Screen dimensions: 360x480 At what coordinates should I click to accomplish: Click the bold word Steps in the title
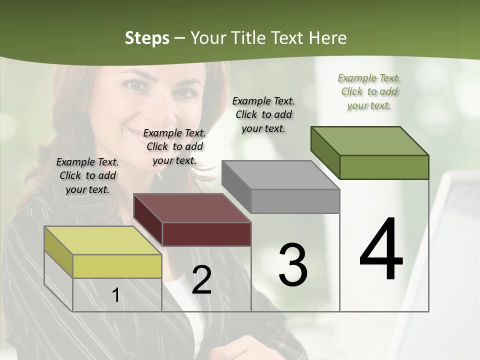tap(147, 38)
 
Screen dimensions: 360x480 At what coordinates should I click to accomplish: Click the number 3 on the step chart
tap(293, 265)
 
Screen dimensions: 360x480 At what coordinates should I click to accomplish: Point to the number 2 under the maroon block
tap(201, 280)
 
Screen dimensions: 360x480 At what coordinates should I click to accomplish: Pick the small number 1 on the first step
tap(115, 295)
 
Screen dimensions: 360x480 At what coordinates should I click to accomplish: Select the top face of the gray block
tap(280, 174)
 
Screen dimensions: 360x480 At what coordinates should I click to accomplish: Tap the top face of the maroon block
tap(192, 207)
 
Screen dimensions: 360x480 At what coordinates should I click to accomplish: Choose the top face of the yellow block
tap(103, 240)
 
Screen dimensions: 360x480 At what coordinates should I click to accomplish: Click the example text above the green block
tap(369, 91)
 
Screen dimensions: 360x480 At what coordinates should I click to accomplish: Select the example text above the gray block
tap(263, 114)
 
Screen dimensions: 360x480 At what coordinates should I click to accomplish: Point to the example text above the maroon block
tap(174, 146)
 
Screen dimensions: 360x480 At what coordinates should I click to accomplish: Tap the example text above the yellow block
tap(87, 175)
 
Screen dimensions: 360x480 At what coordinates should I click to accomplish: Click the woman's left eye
tap(187, 92)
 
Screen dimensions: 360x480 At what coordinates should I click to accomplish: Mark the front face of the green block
tap(384, 167)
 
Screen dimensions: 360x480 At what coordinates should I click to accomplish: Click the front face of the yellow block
tap(117, 266)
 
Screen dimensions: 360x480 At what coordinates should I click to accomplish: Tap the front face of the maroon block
tap(206, 234)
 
